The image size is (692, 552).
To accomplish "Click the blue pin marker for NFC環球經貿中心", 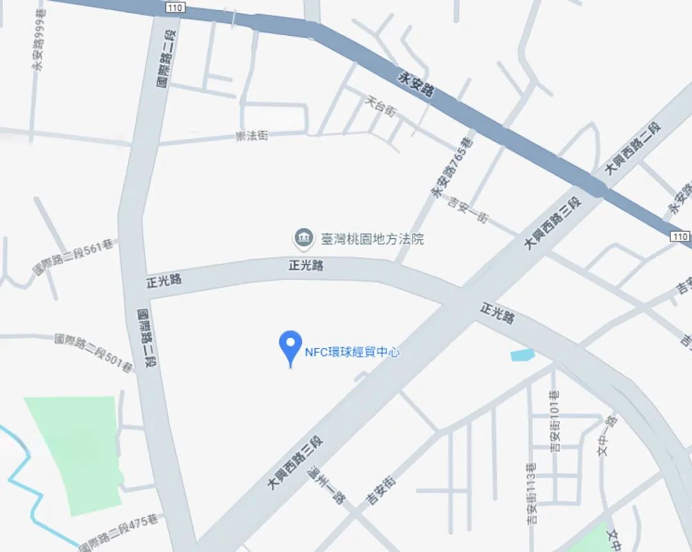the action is pos(290,346).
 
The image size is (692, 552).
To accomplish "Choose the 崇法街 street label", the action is pos(252,136).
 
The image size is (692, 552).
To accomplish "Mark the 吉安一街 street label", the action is pos(468,209).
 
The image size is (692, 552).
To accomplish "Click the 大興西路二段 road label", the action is pos(632,148).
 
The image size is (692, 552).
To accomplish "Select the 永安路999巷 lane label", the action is pos(40,44).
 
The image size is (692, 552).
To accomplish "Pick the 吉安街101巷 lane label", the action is pos(556,420).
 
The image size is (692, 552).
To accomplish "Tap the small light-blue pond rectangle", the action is pos(522,355).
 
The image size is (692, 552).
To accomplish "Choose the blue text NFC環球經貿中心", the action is pos(352,352).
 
